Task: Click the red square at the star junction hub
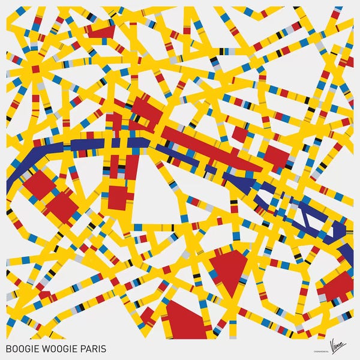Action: coord(35,69)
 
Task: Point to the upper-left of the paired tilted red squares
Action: coord(40,184)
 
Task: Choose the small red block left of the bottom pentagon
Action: coord(148,314)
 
